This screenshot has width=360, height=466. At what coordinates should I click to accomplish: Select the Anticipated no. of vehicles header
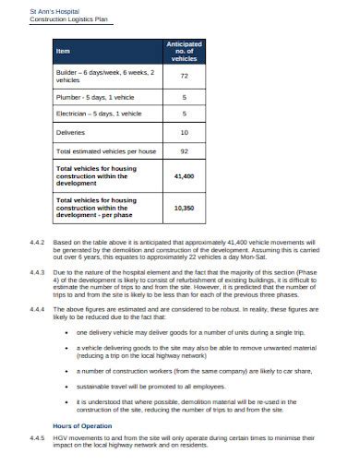[x=184, y=50]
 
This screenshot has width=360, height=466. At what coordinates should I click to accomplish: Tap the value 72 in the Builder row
[x=184, y=76]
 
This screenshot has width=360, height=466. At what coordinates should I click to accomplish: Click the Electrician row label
[x=99, y=114]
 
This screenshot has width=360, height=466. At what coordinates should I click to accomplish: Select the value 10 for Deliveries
[x=184, y=132]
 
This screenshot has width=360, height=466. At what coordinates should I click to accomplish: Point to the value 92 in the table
[x=184, y=149]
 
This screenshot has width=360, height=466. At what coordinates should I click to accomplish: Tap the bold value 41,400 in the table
[x=184, y=174]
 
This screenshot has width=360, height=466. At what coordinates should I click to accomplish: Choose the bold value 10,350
[x=184, y=208]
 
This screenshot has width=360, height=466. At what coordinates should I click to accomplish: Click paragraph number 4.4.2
[x=37, y=242]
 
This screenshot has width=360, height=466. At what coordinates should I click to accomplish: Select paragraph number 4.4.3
[x=37, y=273]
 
